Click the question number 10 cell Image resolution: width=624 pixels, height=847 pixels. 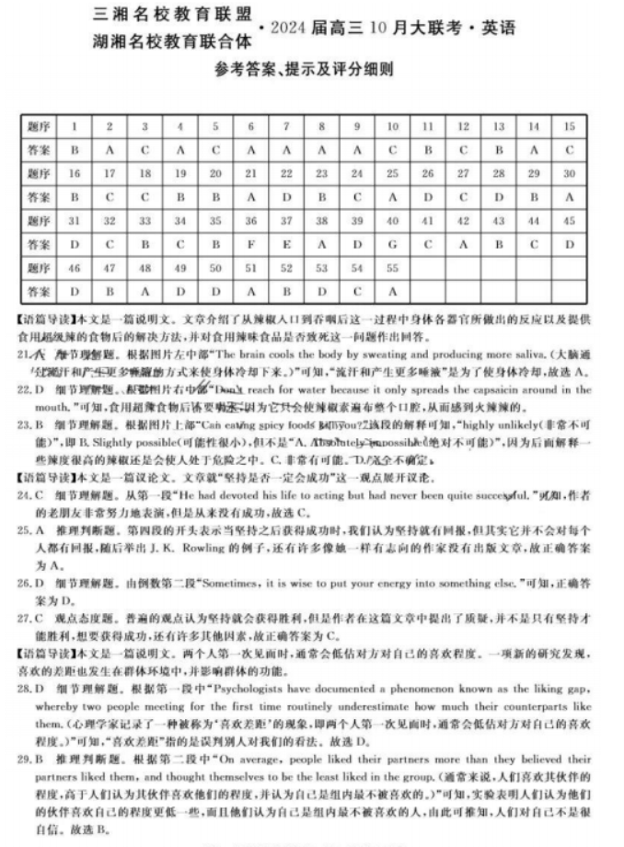pos(392,125)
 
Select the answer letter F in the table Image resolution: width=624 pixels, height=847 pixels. pos(250,246)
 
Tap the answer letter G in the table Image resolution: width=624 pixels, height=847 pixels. pos(392,246)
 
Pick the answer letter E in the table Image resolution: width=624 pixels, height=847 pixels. pos(286,246)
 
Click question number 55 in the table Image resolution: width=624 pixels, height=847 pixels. pos(392,268)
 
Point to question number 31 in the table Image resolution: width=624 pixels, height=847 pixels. pos(75,221)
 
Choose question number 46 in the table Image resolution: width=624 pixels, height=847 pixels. pos(75,268)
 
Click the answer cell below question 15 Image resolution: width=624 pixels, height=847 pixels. pos(570,148)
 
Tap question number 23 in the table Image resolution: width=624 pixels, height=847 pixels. pos(321,173)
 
